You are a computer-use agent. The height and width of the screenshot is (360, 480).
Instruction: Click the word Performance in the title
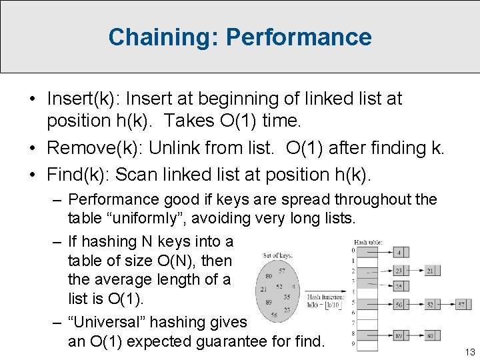tap(299, 37)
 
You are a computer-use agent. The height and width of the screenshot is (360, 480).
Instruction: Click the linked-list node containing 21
tap(431, 271)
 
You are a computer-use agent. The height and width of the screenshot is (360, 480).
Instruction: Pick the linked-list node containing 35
tap(398, 287)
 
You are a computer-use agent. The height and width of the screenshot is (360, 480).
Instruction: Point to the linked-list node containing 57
tap(462, 305)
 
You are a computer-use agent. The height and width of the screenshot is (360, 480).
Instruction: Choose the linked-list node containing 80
tap(431, 335)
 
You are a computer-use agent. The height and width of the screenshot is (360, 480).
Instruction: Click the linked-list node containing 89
tap(398, 335)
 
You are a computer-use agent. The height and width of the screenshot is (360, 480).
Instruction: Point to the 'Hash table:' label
tap(369, 242)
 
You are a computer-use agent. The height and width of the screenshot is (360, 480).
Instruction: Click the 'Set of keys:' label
tap(276, 255)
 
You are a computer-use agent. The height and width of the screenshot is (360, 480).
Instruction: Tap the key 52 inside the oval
tap(279, 287)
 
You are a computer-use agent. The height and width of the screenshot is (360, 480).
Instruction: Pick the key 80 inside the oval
tap(268, 275)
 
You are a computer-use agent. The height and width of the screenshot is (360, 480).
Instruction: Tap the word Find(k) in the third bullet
tap(70, 175)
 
